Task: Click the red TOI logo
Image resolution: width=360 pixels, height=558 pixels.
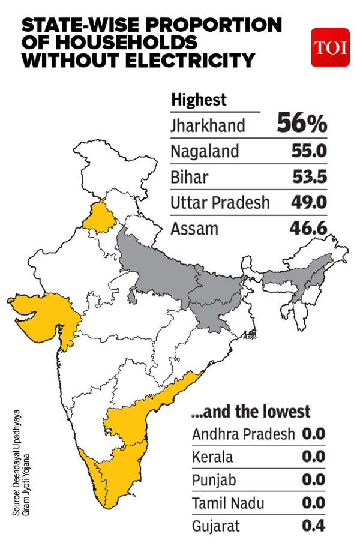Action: click(329, 47)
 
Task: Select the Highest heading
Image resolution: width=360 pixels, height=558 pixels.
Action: click(199, 100)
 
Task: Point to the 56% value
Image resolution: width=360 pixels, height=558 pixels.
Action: click(302, 124)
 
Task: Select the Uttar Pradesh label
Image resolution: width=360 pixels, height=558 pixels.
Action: click(220, 203)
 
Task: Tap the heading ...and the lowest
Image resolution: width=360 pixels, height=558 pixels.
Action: click(251, 412)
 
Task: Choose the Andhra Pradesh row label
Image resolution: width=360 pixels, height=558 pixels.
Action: click(244, 434)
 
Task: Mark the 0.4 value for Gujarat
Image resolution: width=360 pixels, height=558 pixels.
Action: click(313, 526)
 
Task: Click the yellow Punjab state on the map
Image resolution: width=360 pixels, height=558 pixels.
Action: click(96, 217)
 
